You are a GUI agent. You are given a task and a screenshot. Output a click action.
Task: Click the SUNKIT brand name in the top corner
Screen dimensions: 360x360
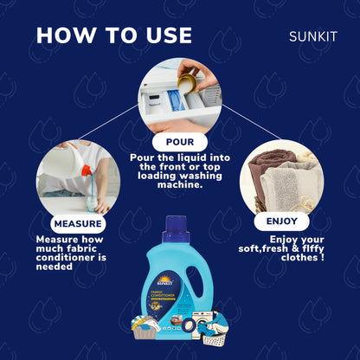tap(314, 37)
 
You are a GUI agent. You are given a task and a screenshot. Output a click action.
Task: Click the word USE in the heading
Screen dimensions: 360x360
tap(163, 35)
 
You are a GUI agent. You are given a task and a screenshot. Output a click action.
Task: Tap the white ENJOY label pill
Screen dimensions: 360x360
tap(282, 222)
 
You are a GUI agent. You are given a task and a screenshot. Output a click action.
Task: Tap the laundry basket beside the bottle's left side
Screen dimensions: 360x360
tap(146, 328)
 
